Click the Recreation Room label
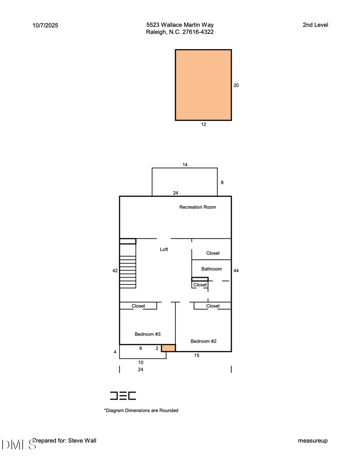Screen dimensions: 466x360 (x=198, y=207)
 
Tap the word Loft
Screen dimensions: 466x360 (x=164, y=249)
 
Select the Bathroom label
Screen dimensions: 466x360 (x=211, y=269)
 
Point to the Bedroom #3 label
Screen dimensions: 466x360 (x=148, y=334)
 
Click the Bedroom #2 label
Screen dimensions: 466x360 (x=203, y=341)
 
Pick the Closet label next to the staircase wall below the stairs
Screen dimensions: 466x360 (x=138, y=306)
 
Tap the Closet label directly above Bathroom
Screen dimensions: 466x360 (x=213, y=253)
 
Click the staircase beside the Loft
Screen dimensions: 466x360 (x=128, y=271)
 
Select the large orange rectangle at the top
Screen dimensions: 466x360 (x=203, y=85)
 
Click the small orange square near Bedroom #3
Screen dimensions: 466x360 (x=168, y=348)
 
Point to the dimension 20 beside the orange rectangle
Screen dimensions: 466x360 (x=236, y=85)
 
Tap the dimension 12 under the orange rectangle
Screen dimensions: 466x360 (x=204, y=124)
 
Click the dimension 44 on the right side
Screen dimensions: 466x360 (x=236, y=271)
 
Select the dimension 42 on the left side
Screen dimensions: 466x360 (x=115, y=271)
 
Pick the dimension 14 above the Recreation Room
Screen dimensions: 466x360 (x=185, y=165)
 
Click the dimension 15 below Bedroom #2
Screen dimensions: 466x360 (x=197, y=355)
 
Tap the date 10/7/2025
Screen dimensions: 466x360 (x=45, y=25)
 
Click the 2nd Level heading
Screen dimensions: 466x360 (x=315, y=25)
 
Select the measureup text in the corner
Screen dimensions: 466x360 (x=313, y=440)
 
